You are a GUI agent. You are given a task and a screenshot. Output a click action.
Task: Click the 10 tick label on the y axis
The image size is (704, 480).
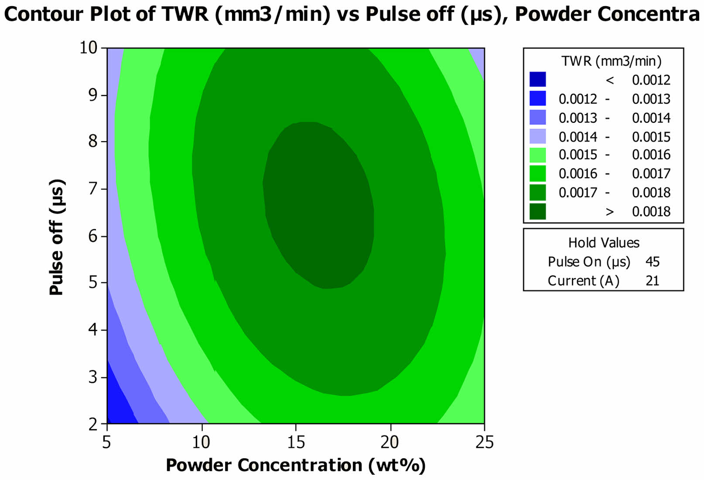coord(88,48)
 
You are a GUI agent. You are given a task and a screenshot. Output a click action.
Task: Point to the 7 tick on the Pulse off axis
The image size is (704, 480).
coord(104,189)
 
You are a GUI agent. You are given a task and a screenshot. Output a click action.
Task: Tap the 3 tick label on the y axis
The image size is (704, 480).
coord(93,377)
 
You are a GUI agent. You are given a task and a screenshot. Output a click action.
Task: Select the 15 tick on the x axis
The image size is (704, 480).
coord(296,427)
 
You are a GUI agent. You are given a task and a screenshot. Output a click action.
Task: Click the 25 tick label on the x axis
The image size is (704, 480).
coord(484,443)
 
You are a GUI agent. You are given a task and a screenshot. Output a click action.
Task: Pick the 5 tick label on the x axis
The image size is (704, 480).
coord(107,443)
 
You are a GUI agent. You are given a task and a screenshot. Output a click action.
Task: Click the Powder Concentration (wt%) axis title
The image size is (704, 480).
coord(296,465)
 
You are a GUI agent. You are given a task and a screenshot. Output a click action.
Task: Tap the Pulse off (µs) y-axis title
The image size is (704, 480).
coord(57,237)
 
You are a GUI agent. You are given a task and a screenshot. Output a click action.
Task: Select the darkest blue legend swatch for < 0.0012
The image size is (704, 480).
coord(538,79)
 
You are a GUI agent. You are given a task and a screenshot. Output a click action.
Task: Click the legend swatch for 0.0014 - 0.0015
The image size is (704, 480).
coord(538,136)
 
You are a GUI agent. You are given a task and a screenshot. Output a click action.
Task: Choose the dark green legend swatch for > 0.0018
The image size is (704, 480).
coord(538,211)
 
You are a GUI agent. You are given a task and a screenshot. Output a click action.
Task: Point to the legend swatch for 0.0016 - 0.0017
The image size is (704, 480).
coord(538,174)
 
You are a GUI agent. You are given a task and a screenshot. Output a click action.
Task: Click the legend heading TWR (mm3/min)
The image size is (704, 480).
coord(611,61)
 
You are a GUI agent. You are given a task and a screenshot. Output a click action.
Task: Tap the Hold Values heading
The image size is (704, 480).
coord(604,243)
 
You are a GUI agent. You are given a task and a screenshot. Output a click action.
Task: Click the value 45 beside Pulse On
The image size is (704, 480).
coord(653,261)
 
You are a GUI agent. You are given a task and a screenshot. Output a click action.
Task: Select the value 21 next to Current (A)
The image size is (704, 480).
coord(653,281)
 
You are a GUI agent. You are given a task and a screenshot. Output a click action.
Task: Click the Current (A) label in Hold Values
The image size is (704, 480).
coord(584,281)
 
